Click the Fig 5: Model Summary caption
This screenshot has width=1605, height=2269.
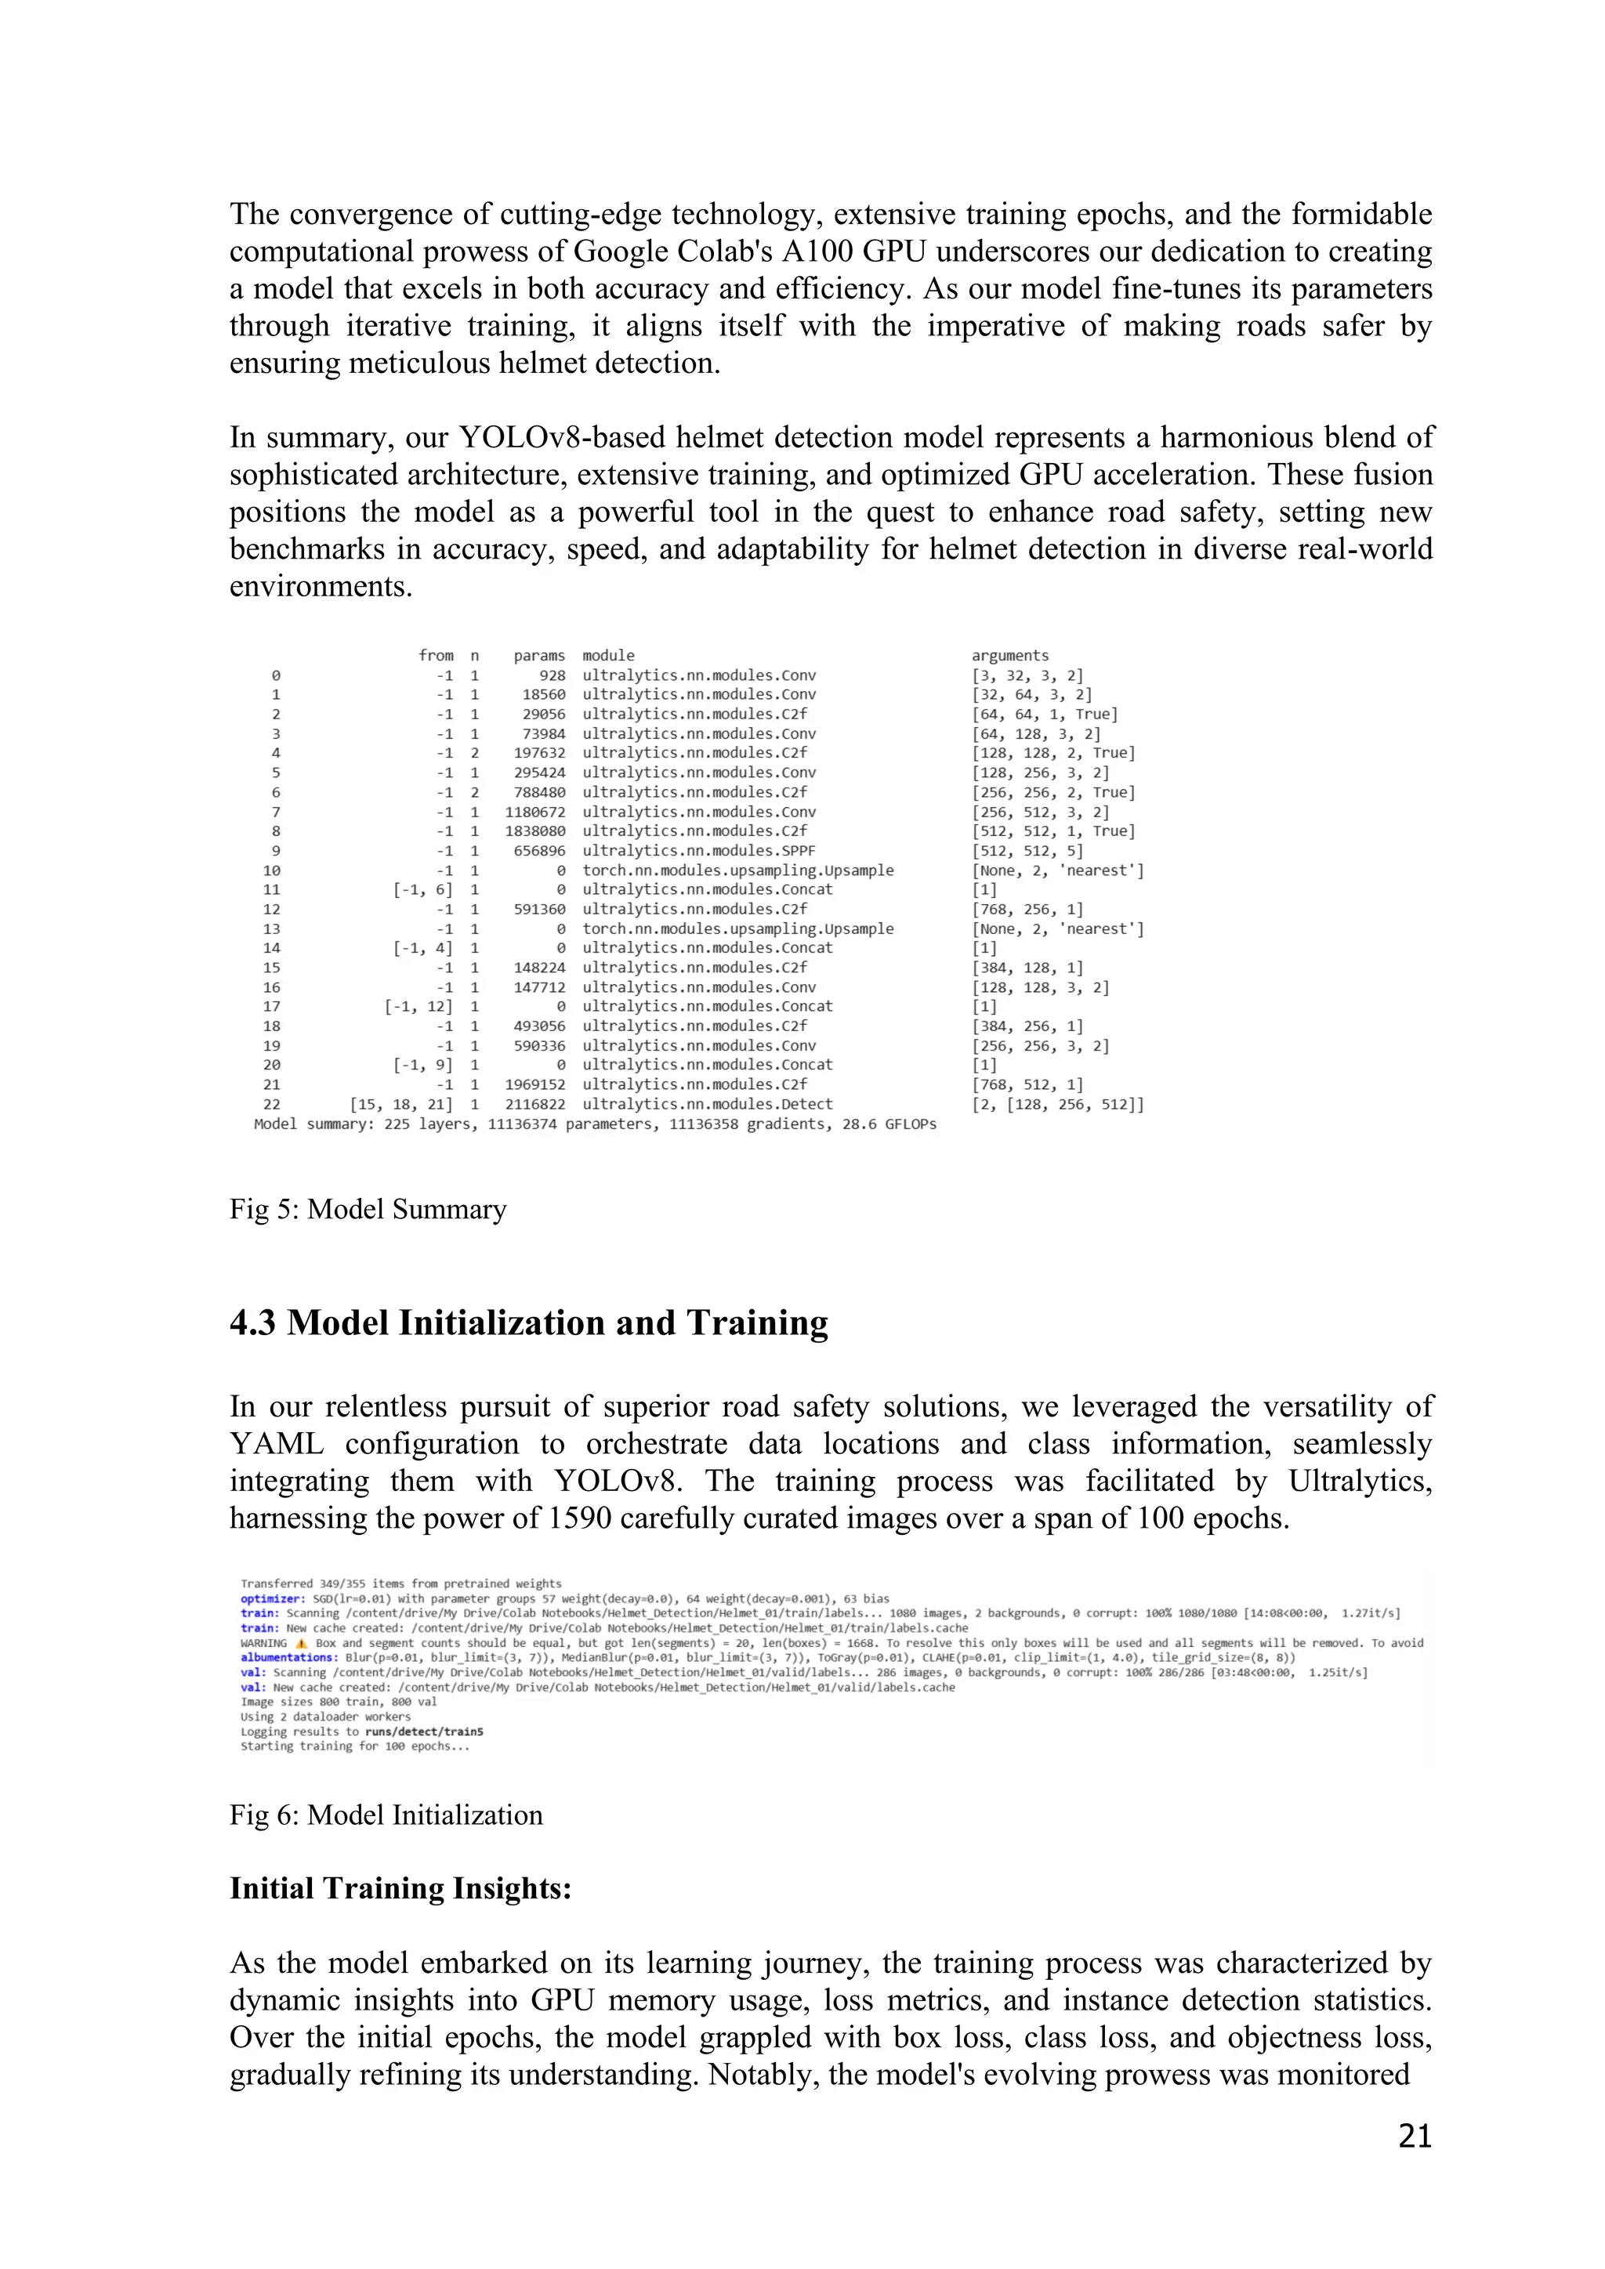(x=368, y=1209)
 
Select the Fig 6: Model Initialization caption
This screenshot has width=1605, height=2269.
(x=386, y=1815)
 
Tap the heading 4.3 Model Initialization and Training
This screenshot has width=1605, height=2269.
(x=529, y=1323)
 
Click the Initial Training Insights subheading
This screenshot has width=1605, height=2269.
(x=400, y=1887)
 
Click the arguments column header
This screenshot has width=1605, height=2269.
(x=1009, y=655)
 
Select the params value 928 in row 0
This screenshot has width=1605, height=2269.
(x=553, y=675)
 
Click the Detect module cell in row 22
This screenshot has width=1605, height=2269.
(x=707, y=1104)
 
